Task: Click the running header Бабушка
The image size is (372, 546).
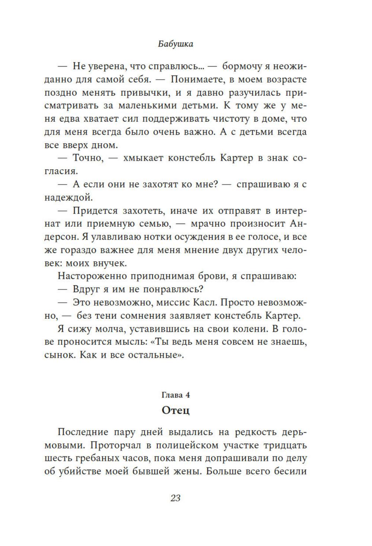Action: point(175,44)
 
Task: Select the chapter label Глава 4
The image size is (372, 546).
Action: point(175,395)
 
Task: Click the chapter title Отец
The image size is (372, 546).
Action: point(176,410)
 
